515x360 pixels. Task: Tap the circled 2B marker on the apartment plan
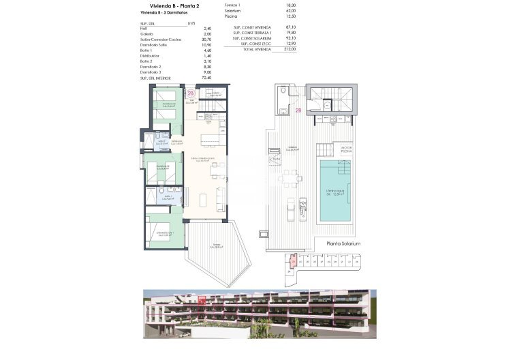(x=191, y=94)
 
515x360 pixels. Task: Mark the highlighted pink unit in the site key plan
(x=293, y=260)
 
